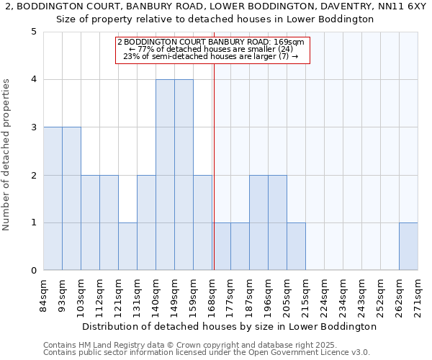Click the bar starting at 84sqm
53,199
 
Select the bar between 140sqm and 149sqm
165,175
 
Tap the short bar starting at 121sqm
127,246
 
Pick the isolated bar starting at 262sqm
408,246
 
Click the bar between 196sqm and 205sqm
277,222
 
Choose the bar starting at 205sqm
296,246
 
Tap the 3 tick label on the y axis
34,127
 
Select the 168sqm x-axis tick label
212,295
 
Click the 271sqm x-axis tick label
418,295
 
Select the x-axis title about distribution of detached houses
230,326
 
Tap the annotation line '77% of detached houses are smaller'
211,49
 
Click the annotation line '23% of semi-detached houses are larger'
211,56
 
